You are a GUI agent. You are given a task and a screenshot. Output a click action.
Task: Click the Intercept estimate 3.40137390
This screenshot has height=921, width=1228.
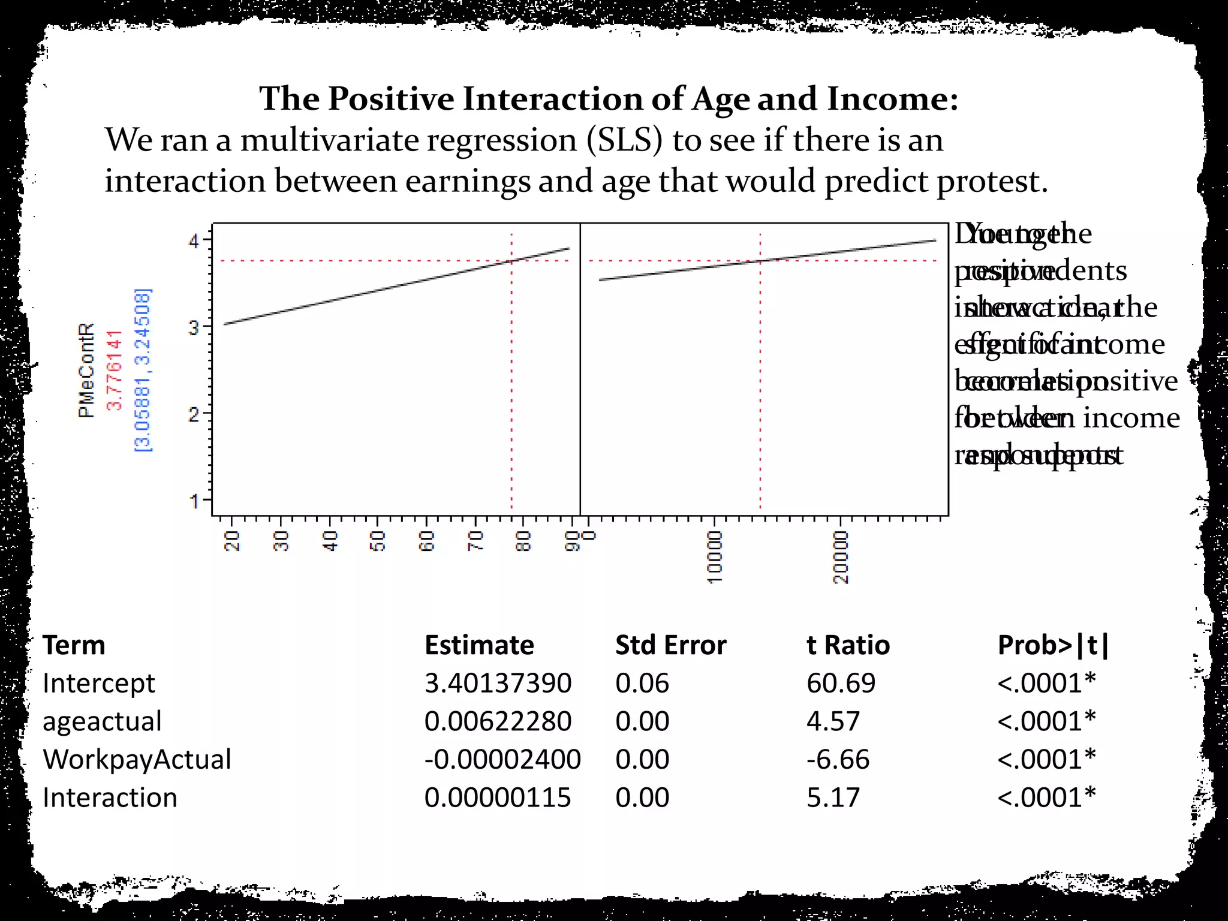point(498,684)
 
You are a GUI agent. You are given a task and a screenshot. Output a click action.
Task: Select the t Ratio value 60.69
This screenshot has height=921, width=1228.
point(841,684)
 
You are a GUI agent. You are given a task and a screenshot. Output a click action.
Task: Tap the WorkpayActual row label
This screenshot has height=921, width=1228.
point(137,760)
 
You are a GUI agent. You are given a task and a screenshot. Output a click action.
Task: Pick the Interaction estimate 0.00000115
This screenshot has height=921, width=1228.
point(498,798)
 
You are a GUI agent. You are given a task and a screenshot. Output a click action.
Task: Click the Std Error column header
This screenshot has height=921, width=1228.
point(670,646)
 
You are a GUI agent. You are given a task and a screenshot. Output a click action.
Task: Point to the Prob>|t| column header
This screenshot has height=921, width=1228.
point(1054,646)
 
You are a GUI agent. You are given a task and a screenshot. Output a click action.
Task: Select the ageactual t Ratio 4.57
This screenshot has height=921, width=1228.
point(833,721)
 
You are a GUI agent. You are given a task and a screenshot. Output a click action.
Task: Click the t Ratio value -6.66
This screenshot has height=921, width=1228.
point(838,760)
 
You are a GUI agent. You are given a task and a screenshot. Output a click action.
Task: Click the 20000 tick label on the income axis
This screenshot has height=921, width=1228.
point(841,557)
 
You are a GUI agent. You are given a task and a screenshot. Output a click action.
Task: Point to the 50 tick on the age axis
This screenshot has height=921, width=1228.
point(378,541)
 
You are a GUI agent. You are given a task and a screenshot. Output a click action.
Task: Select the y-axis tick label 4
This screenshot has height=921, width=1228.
point(194,242)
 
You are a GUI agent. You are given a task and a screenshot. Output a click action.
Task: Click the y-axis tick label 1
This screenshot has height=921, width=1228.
point(194,500)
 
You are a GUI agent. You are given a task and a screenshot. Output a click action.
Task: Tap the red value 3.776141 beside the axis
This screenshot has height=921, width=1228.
point(115,370)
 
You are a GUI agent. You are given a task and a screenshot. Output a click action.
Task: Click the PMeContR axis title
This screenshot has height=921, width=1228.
point(86,370)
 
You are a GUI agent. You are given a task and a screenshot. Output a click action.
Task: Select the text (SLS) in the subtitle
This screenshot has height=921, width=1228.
point(625,140)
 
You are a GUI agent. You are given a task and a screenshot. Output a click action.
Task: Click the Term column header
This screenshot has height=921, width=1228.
point(74,646)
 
